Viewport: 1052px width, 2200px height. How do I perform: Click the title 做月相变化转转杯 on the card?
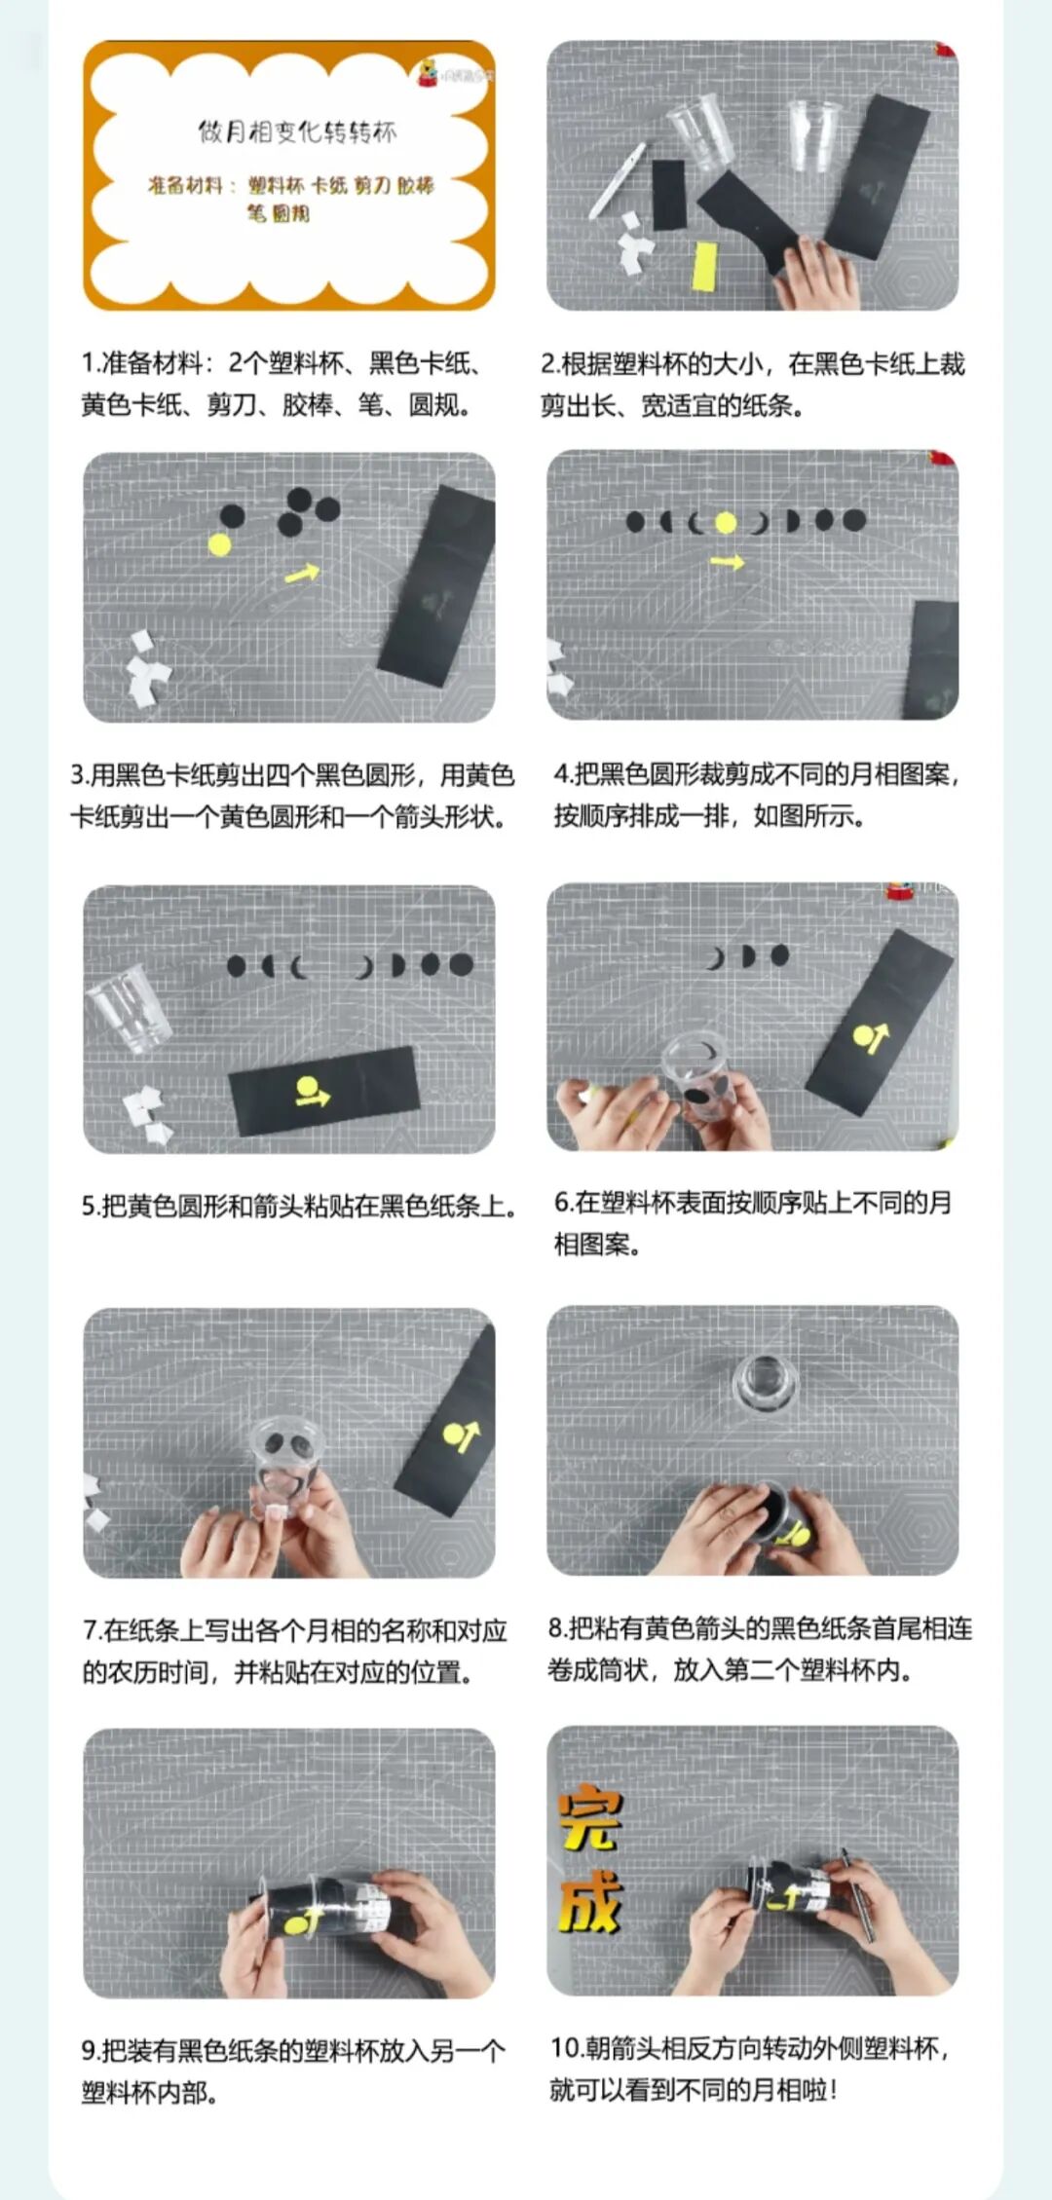pos(297,131)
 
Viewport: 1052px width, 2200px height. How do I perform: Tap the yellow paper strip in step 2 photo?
pos(704,266)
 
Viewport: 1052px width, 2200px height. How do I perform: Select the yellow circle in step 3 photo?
pos(220,544)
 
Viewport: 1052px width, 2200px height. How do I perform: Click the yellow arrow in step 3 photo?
pos(302,573)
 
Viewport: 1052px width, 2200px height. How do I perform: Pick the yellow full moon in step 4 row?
pos(726,523)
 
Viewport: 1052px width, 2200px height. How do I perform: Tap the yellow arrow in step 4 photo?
pos(727,562)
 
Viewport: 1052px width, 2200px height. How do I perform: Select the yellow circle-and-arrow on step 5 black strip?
pos(312,1092)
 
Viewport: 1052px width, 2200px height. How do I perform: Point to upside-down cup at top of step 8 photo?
pos(765,1381)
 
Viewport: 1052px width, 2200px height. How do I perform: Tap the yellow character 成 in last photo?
pos(590,1901)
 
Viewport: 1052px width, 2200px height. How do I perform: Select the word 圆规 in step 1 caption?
pos(433,404)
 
